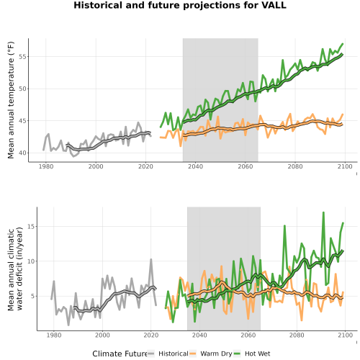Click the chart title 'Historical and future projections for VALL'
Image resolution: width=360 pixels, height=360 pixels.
(x=180, y=5)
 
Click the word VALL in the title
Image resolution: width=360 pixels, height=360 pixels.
(x=274, y=5)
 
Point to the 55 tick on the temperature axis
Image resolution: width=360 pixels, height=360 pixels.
(x=22, y=57)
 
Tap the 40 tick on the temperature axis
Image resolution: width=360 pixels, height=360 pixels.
(x=22, y=153)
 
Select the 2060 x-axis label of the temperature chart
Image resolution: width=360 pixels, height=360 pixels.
(x=246, y=166)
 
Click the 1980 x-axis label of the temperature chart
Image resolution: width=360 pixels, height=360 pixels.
(x=46, y=166)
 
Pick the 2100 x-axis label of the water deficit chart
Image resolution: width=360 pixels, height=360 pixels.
(x=345, y=335)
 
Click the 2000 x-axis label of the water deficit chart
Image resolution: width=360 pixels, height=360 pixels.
(x=102, y=335)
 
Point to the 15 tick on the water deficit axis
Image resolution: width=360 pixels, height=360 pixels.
(x=31, y=226)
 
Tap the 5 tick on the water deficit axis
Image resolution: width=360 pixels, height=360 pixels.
(x=32, y=296)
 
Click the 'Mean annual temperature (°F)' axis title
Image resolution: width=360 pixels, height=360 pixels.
(x=11, y=100)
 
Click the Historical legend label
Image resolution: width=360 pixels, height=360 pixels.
(x=174, y=354)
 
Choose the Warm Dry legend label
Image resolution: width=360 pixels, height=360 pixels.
(x=216, y=354)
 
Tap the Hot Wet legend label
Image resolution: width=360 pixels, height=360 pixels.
(x=257, y=354)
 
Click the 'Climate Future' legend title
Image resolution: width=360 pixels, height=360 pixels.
(x=120, y=354)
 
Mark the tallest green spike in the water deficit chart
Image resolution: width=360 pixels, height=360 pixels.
(x=323, y=212)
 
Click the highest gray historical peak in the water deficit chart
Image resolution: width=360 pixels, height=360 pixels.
(x=151, y=259)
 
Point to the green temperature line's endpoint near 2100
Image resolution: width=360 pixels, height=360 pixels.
(x=343, y=44)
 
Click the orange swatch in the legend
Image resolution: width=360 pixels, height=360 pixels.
(x=193, y=354)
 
